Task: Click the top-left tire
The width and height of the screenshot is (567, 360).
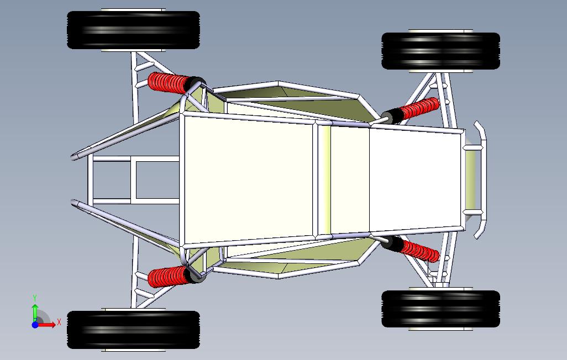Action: point(133,30)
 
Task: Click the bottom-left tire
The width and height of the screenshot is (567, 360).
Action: point(133,330)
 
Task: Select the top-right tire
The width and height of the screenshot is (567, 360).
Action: point(440,51)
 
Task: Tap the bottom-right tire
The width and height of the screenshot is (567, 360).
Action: point(440,309)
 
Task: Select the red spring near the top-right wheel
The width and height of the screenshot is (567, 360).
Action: point(419,108)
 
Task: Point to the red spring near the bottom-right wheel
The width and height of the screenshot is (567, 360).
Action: point(419,250)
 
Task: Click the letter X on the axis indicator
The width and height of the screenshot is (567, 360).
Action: point(59,322)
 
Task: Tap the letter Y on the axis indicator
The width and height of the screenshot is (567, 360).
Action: point(35,298)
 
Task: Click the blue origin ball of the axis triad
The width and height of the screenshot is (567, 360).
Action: point(35,325)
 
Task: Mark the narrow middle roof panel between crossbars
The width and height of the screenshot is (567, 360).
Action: point(348,179)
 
